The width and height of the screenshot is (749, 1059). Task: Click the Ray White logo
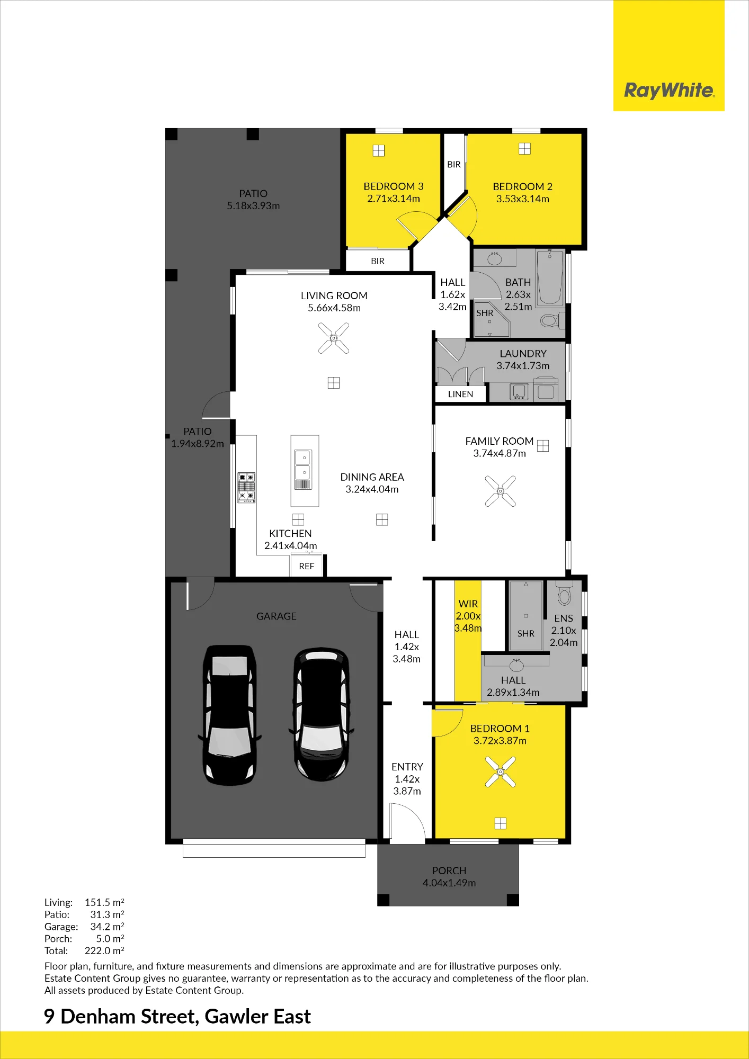[x=669, y=91]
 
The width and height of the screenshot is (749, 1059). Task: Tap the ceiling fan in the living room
[x=334, y=338]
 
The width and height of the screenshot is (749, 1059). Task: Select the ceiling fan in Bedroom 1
[x=500, y=771]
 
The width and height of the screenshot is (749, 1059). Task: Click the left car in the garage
[x=230, y=715]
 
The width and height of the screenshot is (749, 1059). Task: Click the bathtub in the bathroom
[x=550, y=278]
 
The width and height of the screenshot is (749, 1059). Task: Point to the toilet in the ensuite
[x=565, y=593]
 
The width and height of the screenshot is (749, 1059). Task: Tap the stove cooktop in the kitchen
[x=246, y=487]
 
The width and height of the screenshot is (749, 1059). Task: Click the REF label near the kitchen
[x=307, y=566]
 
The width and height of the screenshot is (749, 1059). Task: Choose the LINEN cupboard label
[x=460, y=394]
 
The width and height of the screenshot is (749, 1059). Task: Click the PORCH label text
[x=449, y=870]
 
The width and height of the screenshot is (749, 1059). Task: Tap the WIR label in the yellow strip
[x=468, y=604]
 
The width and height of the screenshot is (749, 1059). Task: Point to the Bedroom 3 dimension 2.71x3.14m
[x=394, y=199]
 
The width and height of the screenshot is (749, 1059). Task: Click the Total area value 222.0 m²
[x=104, y=950]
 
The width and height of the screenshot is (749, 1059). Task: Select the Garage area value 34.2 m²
[x=107, y=927]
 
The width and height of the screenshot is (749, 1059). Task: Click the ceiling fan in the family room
[x=500, y=491]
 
